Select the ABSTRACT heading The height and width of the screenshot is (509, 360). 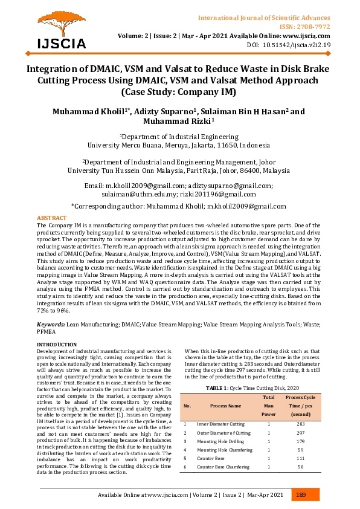(x=52, y=217)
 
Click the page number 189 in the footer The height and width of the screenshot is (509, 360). (x=301, y=495)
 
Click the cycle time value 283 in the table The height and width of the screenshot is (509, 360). (x=301, y=424)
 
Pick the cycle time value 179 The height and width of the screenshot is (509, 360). (x=301, y=441)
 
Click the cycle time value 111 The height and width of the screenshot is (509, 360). (x=301, y=459)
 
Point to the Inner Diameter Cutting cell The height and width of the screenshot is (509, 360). (x=221, y=424)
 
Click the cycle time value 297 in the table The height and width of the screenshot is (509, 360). (x=301, y=433)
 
